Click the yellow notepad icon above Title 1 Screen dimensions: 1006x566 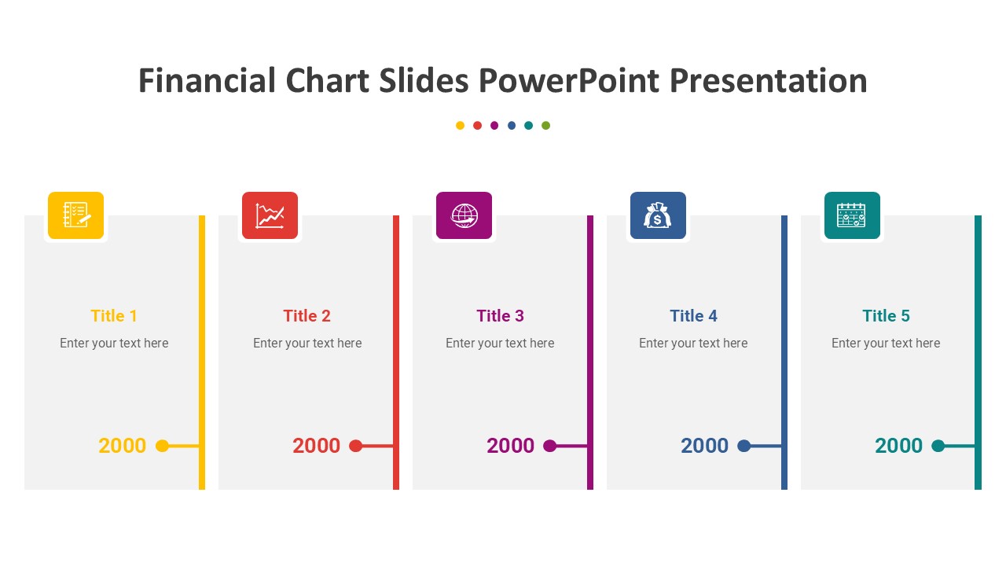(x=76, y=215)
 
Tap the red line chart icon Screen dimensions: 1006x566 (x=270, y=215)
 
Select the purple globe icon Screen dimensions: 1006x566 (x=464, y=215)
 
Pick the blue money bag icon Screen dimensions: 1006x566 (x=658, y=215)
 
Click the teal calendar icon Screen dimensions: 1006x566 (x=852, y=215)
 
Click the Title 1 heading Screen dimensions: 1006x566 (x=114, y=316)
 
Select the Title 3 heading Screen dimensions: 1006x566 (x=500, y=316)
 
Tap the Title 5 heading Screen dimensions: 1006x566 (x=886, y=316)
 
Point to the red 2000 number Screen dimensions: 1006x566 (x=316, y=446)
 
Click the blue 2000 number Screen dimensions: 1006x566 (x=704, y=446)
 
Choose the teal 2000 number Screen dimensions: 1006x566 (x=898, y=446)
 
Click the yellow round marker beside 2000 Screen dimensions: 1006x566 (x=162, y=446)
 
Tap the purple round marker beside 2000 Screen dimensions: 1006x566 (x=549, y=446)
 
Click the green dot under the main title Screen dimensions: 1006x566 (x=545, y=125)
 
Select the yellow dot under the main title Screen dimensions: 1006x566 (x=460, y=125)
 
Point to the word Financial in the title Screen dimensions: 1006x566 (x=207, y=81)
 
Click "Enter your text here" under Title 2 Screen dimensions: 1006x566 (x=307, y=344)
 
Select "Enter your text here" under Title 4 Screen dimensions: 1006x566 (x=693, y=344)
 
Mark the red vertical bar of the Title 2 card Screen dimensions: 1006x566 (x=396, y=353)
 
